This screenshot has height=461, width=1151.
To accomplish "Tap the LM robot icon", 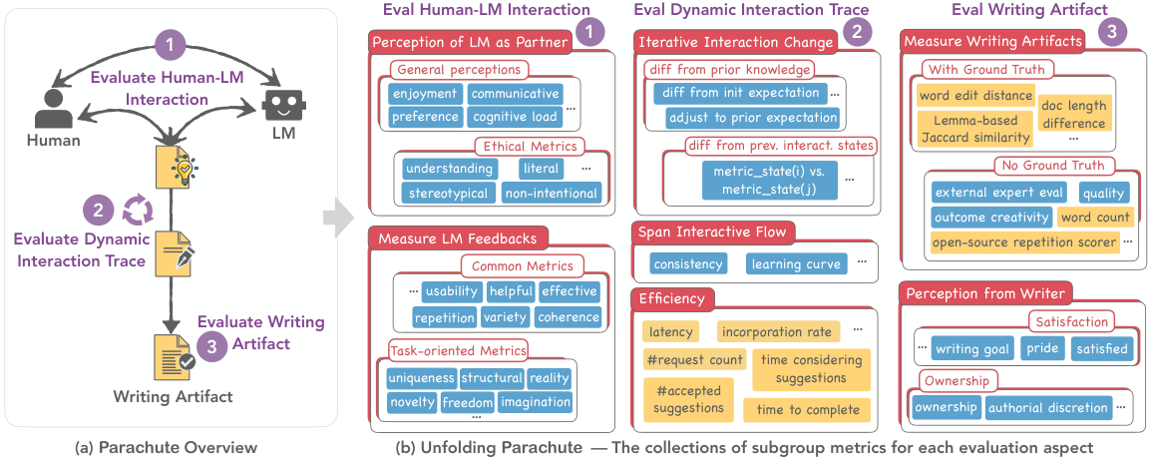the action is pyautogui.click(x=282, y=107).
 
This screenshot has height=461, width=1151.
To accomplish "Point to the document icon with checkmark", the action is pyautogui.click(x=174, y=356).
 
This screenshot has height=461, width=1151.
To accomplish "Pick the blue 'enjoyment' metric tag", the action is pyautogui.click(x=425, y=94).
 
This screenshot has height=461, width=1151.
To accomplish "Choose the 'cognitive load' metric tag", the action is pyautogui.click(x=515, y=116).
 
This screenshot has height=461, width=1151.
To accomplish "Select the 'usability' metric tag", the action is pyautogui.click(x=452, y=291).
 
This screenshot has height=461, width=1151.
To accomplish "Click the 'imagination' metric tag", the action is pyautogui.click(x=535, y=401).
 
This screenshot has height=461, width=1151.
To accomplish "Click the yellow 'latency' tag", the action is pyautogui.click(x=671, y=332).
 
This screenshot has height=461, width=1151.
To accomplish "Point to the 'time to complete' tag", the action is pyautogui.click(x=807, y=410).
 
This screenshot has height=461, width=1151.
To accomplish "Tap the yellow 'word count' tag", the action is pyautogui.click(x=1095, y=217).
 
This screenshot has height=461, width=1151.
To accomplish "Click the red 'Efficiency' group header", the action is pyautogui.click(x=672, y=298).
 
